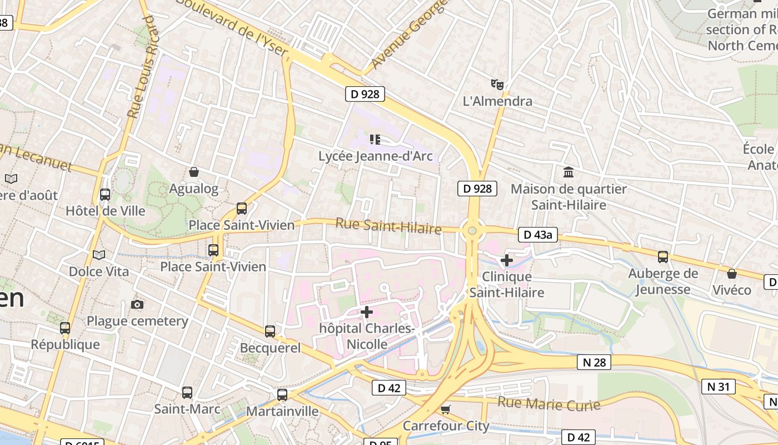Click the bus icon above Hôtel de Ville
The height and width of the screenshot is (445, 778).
[105, 195]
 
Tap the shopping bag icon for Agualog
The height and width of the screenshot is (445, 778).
[194, 172]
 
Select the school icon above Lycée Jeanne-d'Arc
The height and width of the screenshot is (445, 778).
[375, 139]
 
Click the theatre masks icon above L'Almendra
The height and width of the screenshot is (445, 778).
[497, 85]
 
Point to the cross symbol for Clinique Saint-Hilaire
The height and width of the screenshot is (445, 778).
[506, 260]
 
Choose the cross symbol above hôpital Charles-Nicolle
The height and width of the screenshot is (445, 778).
[367, 311]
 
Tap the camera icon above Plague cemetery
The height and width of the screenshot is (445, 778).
[137, 304]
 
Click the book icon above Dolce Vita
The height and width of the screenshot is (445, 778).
[99, 255]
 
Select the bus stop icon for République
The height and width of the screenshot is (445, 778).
[65, 328]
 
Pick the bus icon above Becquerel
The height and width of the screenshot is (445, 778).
[270, 332]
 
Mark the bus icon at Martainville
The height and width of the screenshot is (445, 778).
[282, 395]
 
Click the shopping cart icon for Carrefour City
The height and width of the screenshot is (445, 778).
[445, 410]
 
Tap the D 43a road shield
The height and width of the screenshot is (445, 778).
[537, 235]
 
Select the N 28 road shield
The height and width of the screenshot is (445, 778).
[594, 363]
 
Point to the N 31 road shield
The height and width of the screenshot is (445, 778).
[719, 387]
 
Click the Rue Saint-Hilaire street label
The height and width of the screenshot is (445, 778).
[388, 226]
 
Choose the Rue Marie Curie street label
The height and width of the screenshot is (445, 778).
[548, 404]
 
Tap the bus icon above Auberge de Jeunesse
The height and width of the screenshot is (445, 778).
[663, 257]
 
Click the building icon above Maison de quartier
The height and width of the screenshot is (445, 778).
[568, 172]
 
